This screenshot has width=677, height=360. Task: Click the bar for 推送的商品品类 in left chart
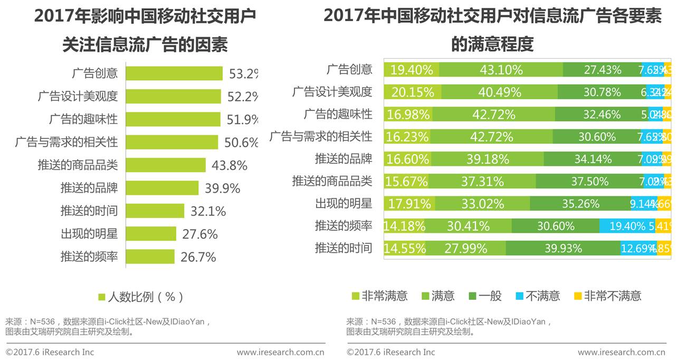[x=165, y=165]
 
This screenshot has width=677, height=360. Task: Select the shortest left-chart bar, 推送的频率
[x=150, y=257]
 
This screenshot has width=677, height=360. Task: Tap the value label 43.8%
[x=230, y=166]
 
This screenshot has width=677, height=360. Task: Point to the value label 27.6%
[x=200, y=234]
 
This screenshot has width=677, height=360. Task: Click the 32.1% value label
[x=208, y=211]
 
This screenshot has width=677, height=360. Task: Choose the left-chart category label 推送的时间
[x=89, y=211]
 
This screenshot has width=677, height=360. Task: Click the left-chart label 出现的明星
[x=89, y=234]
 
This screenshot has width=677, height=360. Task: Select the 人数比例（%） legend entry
[x=141, y=297]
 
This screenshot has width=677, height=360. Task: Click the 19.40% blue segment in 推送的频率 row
[x=627, y=226]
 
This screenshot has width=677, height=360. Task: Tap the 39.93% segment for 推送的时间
[x=563, y=248]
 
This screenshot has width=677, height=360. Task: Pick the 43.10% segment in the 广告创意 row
[x=501, y=70]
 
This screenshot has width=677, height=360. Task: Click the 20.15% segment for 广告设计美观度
[x=413, y=92]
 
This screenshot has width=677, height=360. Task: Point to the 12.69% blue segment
[x=638, y=248]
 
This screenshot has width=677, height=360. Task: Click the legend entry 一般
[x=485, y=296]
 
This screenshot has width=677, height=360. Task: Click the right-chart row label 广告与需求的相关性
[x=320, y=137]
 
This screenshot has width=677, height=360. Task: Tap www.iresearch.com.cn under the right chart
[x=621, y=352]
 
